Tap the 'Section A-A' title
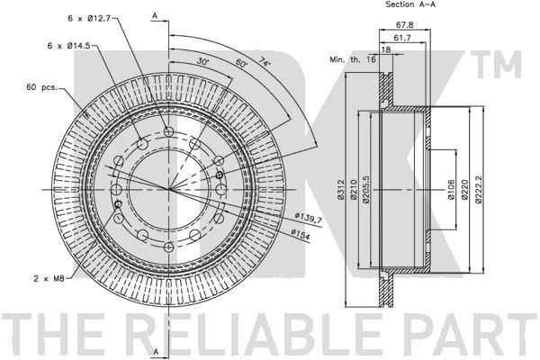386,5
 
